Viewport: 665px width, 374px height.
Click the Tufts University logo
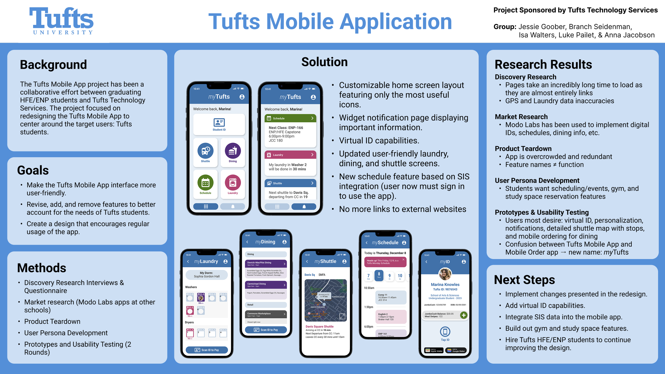[61, 21]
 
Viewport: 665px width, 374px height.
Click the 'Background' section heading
[53, 65]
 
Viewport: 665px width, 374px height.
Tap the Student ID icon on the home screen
[219, 124]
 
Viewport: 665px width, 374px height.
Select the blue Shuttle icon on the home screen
[205, 151]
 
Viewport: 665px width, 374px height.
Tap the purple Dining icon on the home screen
[233, 151]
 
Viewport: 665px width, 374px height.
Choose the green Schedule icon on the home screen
[205, 183]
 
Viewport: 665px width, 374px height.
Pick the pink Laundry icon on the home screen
[233, 183]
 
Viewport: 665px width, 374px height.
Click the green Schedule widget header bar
[290, 118]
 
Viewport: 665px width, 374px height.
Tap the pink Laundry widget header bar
[290, 155]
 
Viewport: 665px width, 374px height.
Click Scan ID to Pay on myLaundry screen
[207, 350]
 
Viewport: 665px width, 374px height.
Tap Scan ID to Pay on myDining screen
[266, 330]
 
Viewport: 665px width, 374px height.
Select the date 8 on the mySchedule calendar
[379, 275]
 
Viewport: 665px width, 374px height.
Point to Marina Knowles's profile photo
[445, 274]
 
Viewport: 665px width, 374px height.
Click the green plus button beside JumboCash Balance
[464, 315]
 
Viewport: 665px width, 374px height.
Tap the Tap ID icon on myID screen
[445, 332]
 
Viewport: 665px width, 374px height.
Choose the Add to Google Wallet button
[456, 351]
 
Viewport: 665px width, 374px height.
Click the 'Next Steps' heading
[524, 280]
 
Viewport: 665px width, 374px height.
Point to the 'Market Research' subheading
[521, 117]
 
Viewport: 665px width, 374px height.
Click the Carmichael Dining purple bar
[266, 285]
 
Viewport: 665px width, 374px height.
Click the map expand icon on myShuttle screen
[342, 316]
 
